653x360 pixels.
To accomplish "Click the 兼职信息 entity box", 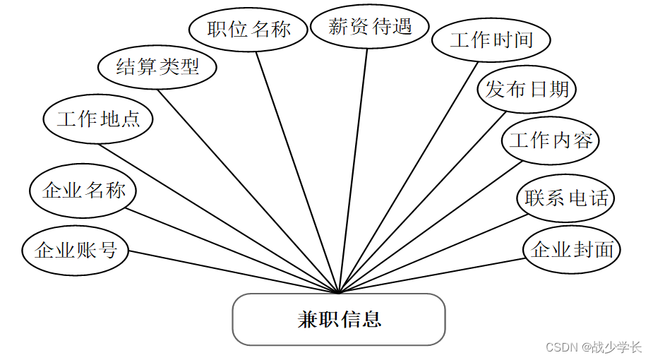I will [x=339, y=320].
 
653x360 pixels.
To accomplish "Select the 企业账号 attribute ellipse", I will [x=76, y=250].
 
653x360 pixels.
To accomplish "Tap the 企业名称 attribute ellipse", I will [x=83, y=190].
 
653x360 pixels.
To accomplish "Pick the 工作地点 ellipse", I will [x=98, y=119].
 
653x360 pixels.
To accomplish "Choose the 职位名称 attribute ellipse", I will [x=249, y=29].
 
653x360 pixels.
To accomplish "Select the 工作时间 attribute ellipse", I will [x=491, y=40].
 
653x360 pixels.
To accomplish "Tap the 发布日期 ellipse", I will [x=527, y=90].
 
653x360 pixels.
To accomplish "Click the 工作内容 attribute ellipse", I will [x=551, y=140].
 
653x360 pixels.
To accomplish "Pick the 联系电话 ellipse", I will [x=565, y=198].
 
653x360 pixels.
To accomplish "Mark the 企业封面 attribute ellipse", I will [x=572, y=249].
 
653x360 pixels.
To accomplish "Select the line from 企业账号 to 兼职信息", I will [x=233, y=271].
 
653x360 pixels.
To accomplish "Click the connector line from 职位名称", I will [x=296, y=169].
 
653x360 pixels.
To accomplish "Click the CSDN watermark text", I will [x=594, y=347].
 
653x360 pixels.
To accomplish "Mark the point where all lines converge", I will [x=340, y=293].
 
